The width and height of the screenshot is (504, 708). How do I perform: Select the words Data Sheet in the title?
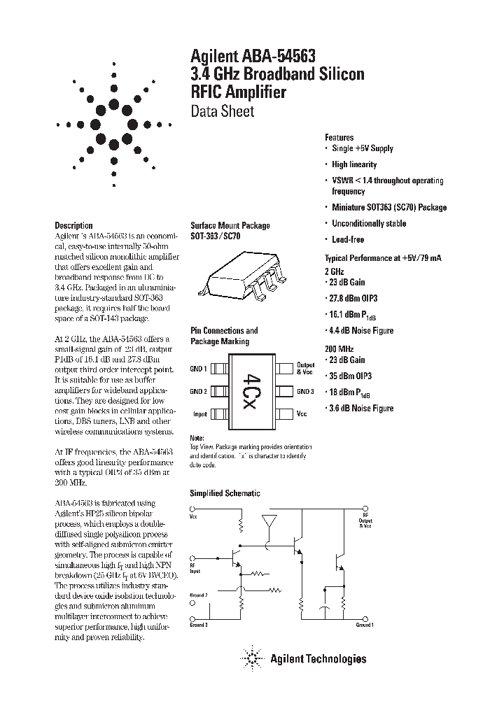[222, 111]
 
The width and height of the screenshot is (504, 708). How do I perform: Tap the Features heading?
[339, 138]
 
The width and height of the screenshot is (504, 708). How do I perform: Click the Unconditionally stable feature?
[368, 223]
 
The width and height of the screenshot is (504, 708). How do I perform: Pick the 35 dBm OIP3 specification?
[358, 376]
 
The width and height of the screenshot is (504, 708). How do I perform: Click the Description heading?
[73, 225]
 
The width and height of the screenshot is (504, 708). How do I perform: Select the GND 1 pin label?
[199, 369]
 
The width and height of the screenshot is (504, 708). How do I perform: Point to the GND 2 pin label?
[199, 391]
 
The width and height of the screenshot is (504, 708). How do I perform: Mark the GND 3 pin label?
[305, 391]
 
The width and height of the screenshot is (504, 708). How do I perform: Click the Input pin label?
[199, 414]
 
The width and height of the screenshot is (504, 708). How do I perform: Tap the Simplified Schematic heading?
[225, 493]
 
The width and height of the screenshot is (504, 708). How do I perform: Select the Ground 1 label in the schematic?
[363, 624]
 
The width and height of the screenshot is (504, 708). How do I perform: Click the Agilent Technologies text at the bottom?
[318, 658]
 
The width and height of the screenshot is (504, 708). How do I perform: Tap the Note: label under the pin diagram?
[198, 437]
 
